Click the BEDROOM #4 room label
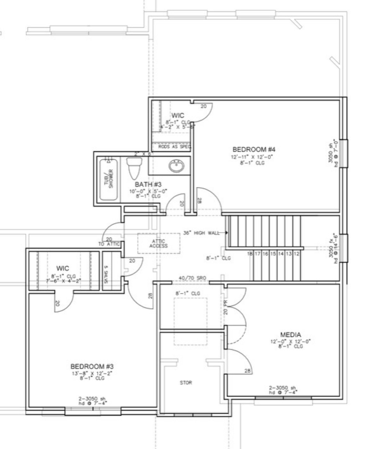click(x=254, y=149)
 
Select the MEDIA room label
click(x=290, y=335)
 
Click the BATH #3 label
click(x=148, y=184)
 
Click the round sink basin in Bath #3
click(x=176, y=166)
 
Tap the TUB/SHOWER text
click(x=109, y=178)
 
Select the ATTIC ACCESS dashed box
click(x=159, y=243)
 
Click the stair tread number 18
click(x=250, y=254)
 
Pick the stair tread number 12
click(x=296, y=254)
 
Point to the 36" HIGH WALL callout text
click(x=202, y=233)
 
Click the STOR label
click(x=186, y=382)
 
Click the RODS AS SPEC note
click(x=175, y=147)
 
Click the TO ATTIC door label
click(x=109, y=244)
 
